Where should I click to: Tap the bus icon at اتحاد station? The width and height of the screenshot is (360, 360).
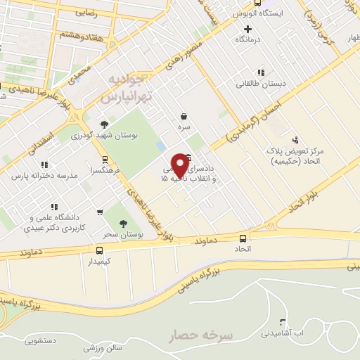coord(243,238)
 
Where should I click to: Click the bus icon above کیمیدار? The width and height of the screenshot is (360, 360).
coord(98,250)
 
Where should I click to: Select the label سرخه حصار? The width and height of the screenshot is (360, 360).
coord(200,336)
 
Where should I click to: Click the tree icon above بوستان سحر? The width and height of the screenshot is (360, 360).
coord(123,224)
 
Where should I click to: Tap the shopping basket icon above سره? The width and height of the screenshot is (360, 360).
coord(184,116)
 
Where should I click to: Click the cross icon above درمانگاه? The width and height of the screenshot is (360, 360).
coord(247,29)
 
